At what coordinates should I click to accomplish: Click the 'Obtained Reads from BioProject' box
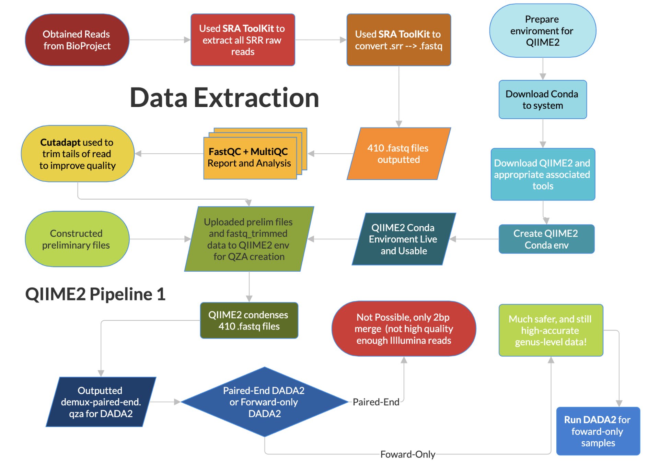pyautogui.click(x=77, y=40)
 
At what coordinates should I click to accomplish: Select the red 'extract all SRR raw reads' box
pyautogui.click(x=243, y=40)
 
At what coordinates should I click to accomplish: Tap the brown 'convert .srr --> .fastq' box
pyautogui.click(x=398, y=40)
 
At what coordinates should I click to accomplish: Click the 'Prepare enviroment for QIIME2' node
pyautogui.click(x=543, y=31)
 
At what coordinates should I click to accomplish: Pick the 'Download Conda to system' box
pyautogui.click(x=543, y=99)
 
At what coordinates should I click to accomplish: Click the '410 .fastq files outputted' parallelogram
pyautogui.click(x=398, y=154)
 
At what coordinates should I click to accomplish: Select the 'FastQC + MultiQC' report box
pyautogui.click(x=255, y=154)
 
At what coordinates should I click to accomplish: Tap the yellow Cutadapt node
pyautogui.click(x=77, y=154)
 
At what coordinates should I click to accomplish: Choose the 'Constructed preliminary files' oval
pyautogui.click(x=77, y=239)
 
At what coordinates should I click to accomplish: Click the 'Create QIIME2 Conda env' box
pyautogui.click(x=546, y=239)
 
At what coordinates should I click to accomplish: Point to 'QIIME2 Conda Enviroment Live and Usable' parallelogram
pyautogui.click(x=404, y=239)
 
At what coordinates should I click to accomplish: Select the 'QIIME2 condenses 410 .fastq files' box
pyautogui.click(x=249, y=320)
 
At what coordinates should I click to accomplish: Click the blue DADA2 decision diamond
pyautogui.click(x=264, y=402)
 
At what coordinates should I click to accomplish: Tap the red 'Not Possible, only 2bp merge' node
pyautogui.click(x=404, y=329)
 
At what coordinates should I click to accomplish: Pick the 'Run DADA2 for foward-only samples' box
pyautogui.click(x=598, y=431)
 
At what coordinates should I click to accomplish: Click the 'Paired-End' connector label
pyautogui.click(x=376, y=402)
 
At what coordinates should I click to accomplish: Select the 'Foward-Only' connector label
pyautogui.click(x=408, y=454)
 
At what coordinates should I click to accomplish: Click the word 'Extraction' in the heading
pyautogui.click(x=256, y=98)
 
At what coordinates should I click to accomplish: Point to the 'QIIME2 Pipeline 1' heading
pyautogui.click(x=95, y=294)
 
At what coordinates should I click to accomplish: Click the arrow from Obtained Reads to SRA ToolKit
pyautogui.click(x=160, y=40)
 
